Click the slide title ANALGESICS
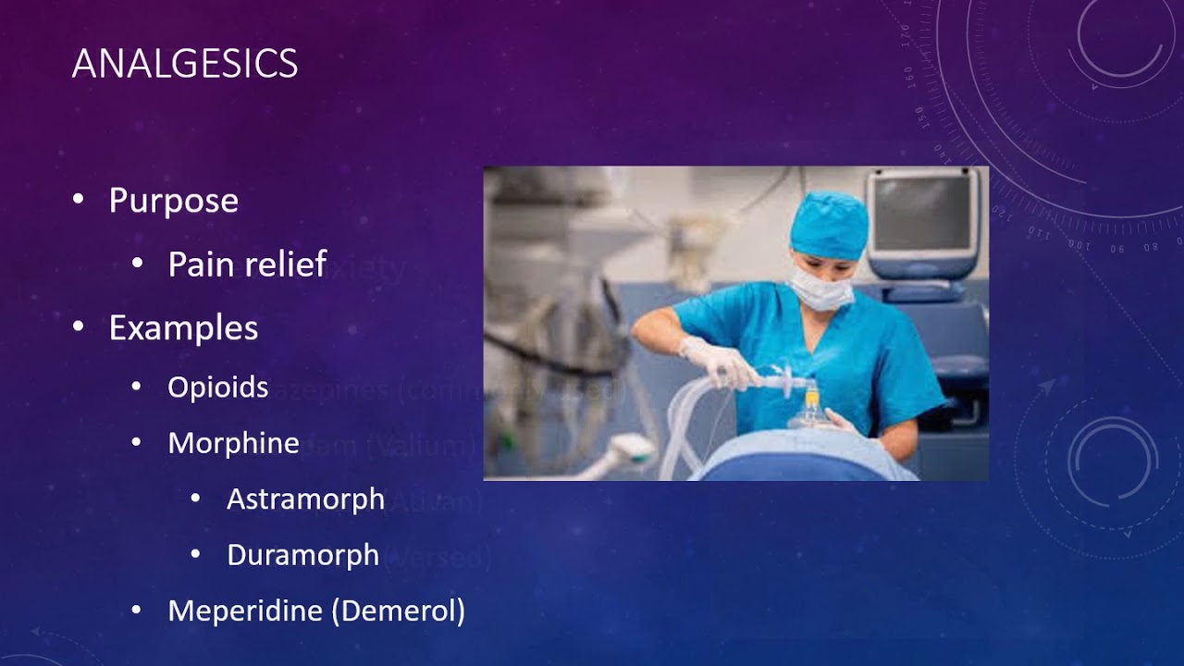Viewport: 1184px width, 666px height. click(185, 64)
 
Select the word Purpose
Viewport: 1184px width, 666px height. click(173, 201)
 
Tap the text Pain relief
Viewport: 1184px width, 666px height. click(247, 265)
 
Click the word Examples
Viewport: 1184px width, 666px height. click(183, 327)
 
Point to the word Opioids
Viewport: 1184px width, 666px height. click(217, 387)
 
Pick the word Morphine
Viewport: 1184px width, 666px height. click(233, 443)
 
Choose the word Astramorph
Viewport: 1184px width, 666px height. click(305, 499)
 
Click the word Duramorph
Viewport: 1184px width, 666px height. click(302, 555)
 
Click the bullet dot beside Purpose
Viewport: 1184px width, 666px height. click(79, 199)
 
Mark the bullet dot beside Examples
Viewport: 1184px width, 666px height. click(79, 326)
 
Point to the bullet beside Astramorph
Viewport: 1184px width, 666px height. click(195, 498)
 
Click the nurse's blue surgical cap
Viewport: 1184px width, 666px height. click(829, 223)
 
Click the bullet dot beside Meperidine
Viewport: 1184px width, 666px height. click(137, 610)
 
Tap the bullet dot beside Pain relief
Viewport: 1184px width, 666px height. click(137, 264)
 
